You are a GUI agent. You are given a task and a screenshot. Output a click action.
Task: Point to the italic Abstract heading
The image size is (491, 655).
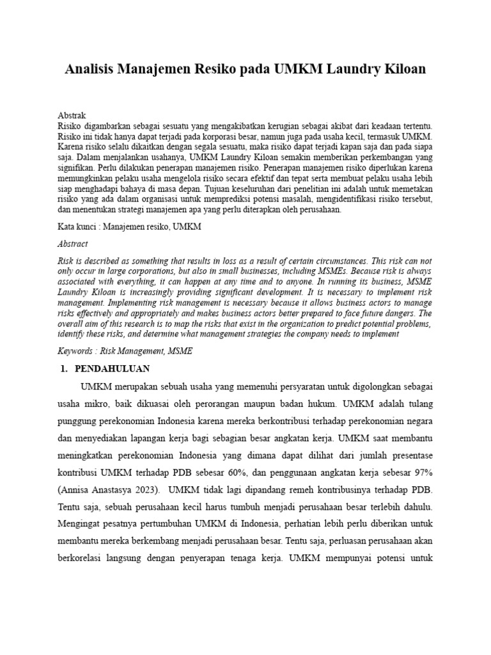coord(74,244)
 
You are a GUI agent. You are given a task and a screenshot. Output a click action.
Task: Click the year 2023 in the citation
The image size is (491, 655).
coord(147,489)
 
